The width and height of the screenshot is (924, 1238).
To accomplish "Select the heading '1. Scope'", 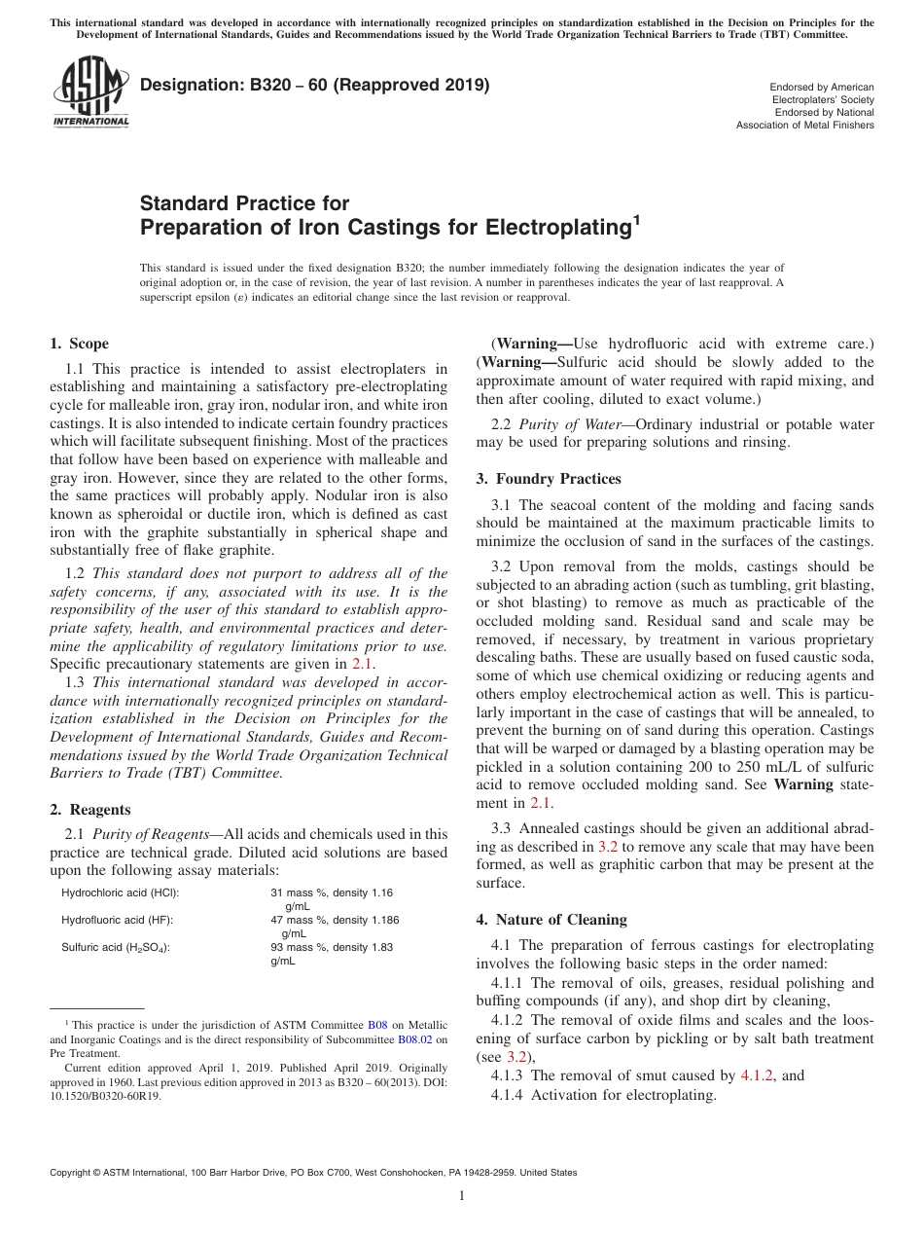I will pos(79,344).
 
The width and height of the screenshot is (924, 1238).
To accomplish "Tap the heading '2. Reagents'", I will pos(89,809).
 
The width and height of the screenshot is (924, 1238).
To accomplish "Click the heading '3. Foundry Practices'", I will pos(549,479).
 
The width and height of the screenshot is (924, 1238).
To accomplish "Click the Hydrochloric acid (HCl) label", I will pos(121,892).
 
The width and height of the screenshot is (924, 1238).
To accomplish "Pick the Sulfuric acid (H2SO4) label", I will pos(116,947).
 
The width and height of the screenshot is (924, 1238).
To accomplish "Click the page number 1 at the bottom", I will pos(462,1196).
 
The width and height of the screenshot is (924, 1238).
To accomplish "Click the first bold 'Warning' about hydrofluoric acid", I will pos(533,344).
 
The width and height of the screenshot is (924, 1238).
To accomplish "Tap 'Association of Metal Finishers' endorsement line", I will pos(804,125).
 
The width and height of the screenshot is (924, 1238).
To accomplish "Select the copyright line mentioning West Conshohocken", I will pos(313,1173).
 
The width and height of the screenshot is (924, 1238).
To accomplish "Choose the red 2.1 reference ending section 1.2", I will pos(362,664).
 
